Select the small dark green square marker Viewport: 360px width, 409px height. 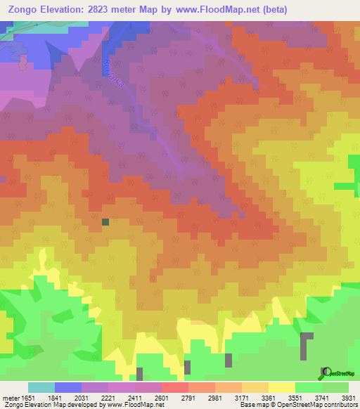[105, 222]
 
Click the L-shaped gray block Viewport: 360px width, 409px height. [307, 345]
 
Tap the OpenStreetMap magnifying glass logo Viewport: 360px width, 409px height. [325, 372]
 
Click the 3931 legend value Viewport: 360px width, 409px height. [349, 397]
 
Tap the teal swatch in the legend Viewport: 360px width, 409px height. [41, 387]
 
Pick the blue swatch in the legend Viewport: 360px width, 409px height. [68, 387]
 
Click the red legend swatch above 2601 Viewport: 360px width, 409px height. [175, 387]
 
